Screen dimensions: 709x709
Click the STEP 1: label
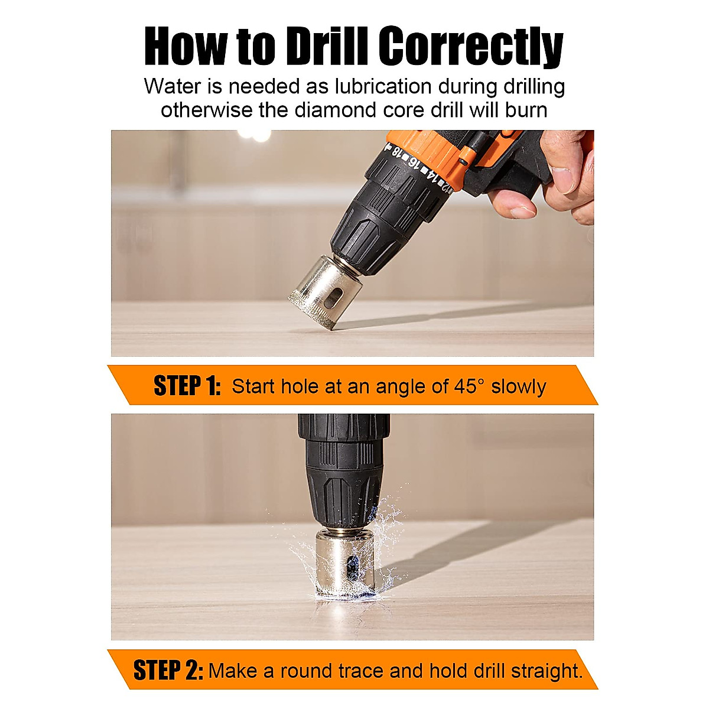click(x=187, y=386)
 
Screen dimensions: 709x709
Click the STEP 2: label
click(x=168, y=671)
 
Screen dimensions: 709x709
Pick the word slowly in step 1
click(x=519, y=386)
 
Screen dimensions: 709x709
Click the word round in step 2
click(x=307, y=671)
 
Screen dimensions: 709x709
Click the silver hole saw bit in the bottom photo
click(x=346, y=564)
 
